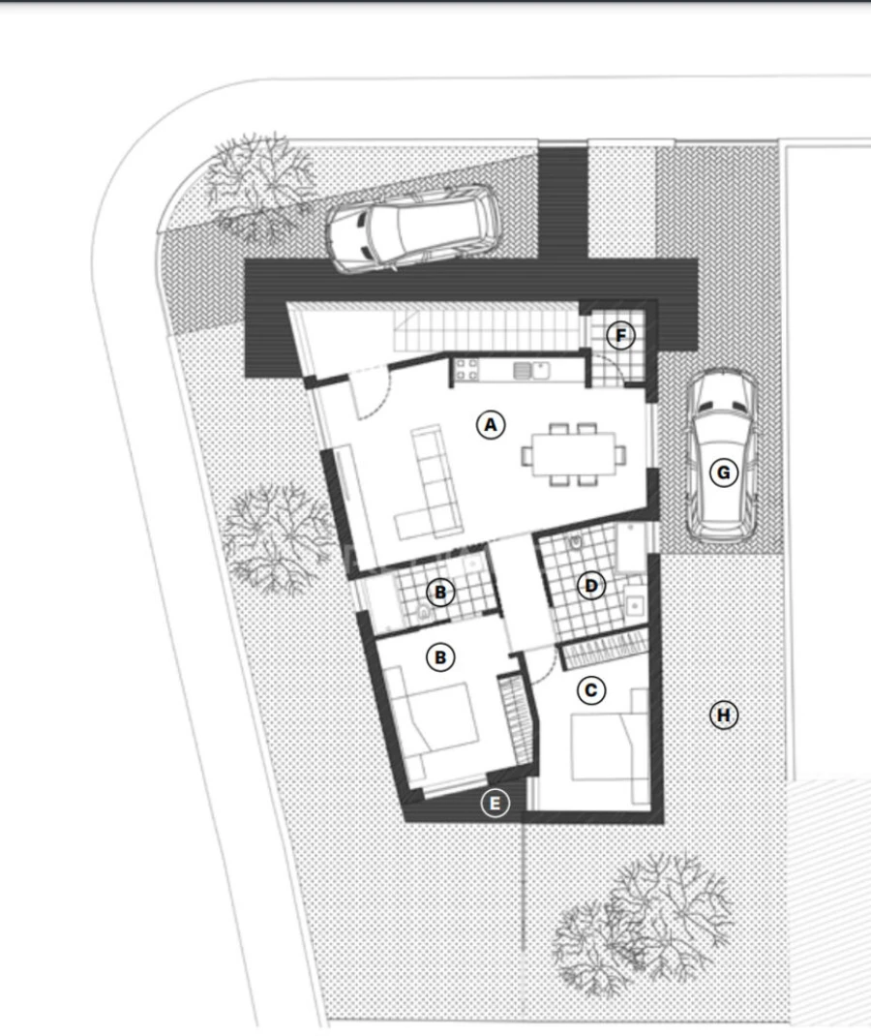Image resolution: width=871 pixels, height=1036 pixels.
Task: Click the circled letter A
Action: tap(491, 424)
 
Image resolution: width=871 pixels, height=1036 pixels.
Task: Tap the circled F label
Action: tap(621, 336)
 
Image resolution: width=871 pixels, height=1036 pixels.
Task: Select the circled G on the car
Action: tap(722, 472)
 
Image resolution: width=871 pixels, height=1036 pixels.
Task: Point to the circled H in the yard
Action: tap(723, 715)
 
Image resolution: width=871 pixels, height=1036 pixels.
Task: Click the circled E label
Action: tap(495, 803)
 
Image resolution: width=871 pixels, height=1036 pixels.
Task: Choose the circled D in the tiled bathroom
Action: tap(589, 585)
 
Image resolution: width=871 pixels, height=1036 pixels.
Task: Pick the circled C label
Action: tap(590, 690)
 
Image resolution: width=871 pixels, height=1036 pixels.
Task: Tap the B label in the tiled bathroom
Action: tap(439, 591)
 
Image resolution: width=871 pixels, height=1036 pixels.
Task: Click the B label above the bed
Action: tap(440, 657)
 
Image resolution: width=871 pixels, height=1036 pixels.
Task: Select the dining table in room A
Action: tap(572, 452)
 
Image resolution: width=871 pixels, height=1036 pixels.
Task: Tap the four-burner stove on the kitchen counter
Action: tap(467, 369)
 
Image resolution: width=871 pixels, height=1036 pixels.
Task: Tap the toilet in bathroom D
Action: tap(577, 547)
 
